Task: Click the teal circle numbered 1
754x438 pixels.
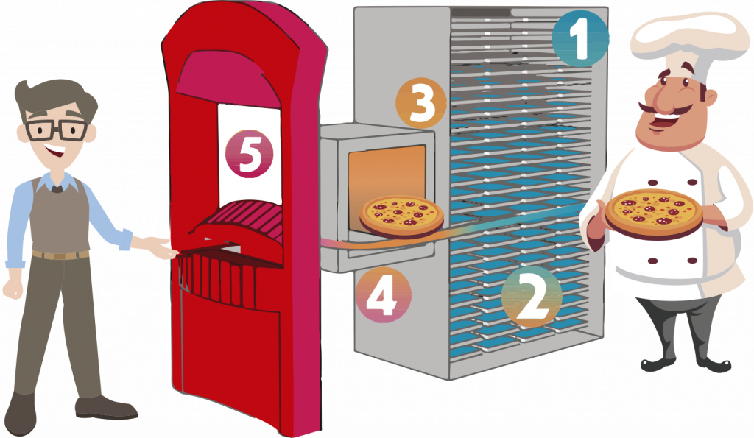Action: coord(580,38)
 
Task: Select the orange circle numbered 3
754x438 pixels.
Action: coord(421,102)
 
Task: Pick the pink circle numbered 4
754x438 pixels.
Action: coord(383,294)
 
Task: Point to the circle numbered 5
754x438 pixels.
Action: coord(249,154)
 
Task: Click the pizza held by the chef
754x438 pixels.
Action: coord(654,213)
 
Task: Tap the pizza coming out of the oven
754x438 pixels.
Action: coord(402,216)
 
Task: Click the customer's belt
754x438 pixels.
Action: coord(60,255)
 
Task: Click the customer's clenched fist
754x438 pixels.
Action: coord(13,289)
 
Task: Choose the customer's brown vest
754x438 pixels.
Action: coord(60,216)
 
